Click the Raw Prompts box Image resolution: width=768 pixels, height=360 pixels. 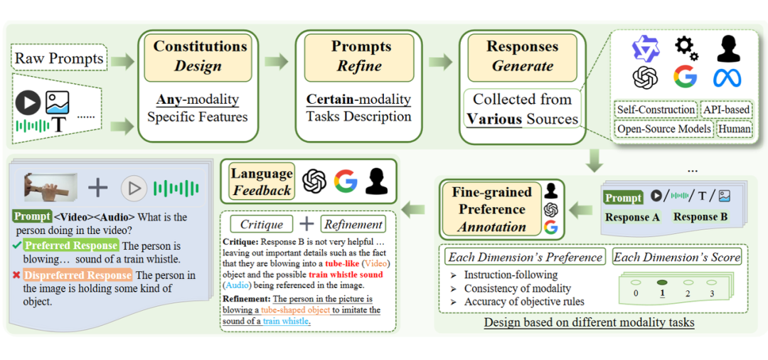tap(60, 58)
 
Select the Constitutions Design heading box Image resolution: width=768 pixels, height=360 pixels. tap(200, 56)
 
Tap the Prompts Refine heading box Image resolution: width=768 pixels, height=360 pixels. tap(359, 56)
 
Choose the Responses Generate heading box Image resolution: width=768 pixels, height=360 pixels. tap(522, 56)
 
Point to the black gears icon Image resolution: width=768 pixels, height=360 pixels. tap(686, 48)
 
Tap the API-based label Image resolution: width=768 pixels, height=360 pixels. tap(727, 110)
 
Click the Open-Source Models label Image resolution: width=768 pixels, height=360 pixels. tap(663, 129)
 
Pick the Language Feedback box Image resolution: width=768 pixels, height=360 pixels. tap(261, 182)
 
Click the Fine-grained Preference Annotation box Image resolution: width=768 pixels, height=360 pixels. tap(491, 210)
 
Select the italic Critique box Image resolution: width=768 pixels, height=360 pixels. tap(261, 224)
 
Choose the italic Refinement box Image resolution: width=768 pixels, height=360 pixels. tap(353, 224)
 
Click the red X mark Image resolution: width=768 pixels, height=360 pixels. tap(16, 275)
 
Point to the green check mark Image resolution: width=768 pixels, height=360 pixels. tap(16, 245)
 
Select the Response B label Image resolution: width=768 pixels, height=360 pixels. tap(700, 217)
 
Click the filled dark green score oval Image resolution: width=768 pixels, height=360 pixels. tap(662, 282)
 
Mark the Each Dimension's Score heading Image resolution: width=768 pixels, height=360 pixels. tap(677, 256)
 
